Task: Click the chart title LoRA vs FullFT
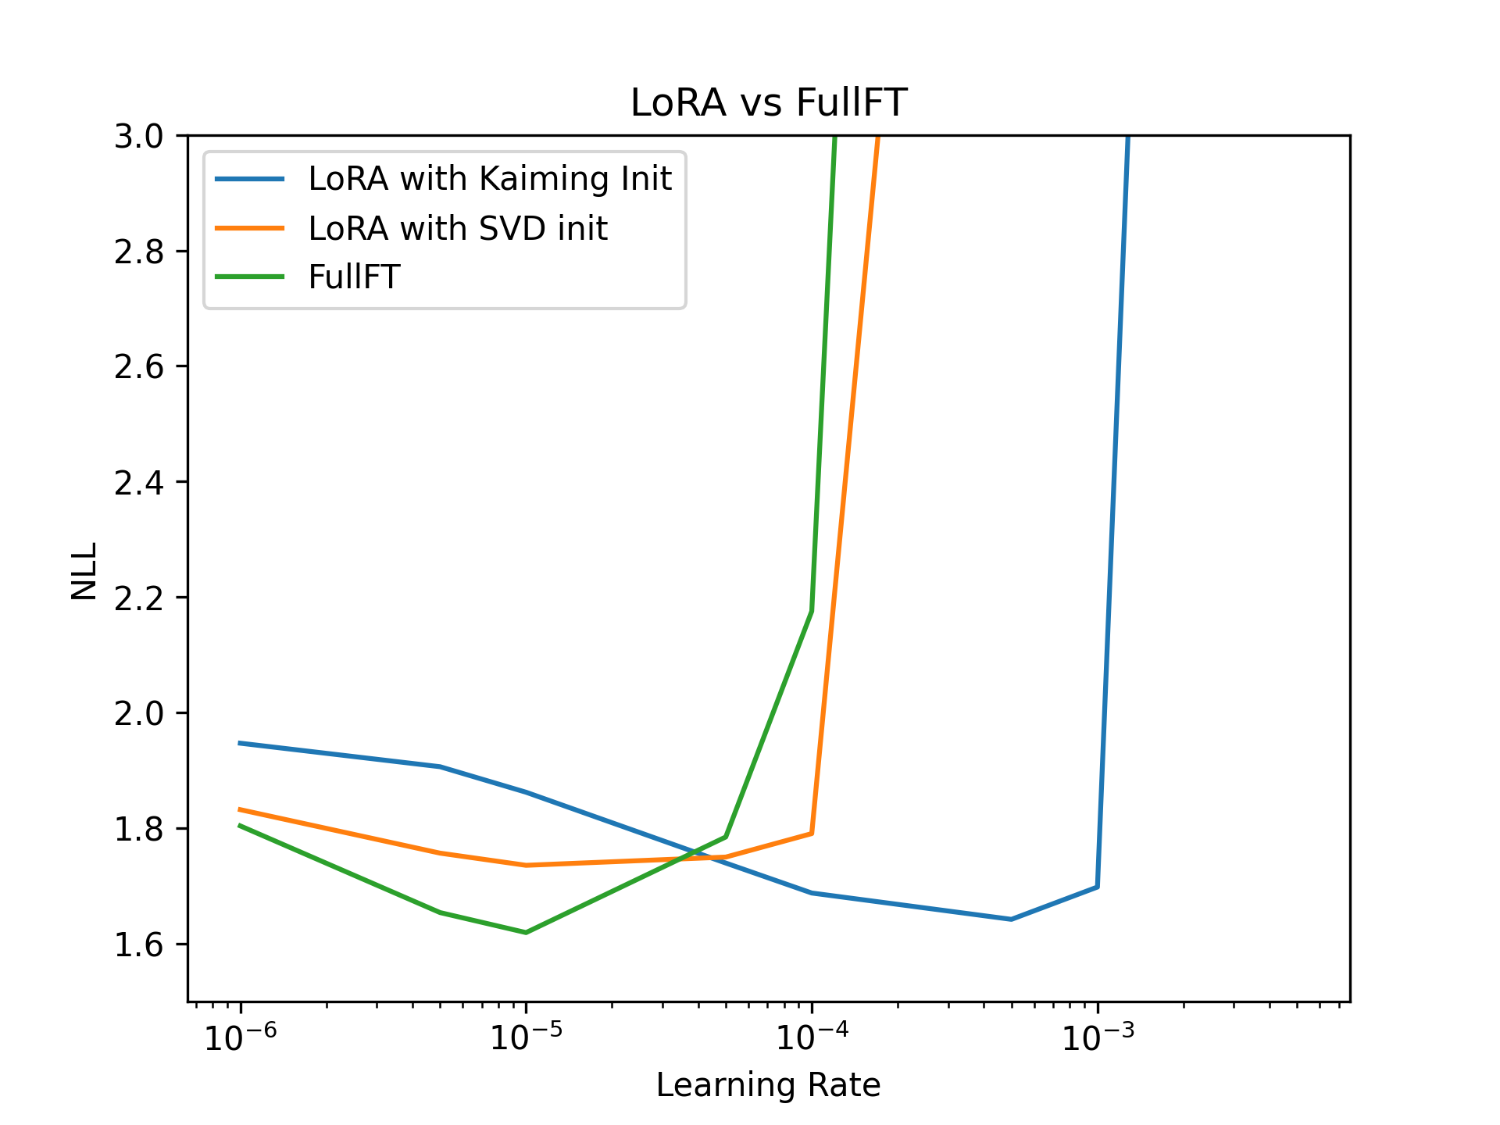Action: (x=768, y=103)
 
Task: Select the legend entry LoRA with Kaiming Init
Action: (x=489, y=179)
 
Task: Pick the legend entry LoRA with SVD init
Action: (x=457, y=228)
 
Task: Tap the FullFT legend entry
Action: (x=354, y=277)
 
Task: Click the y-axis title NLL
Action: (x=84, y=570)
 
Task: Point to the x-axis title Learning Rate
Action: (x=768, y=1085)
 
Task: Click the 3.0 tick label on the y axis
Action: (x=139, y=137)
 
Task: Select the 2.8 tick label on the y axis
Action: (x=139, y=252)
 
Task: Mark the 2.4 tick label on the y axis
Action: (x=139, y=483)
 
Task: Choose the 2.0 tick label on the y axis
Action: (x=139, y=713)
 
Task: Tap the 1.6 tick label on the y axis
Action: (x=139, y=945)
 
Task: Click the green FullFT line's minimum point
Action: (x=526, y=932)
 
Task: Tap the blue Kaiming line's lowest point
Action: (x=1011, y=919)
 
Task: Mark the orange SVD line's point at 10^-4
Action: (x=812, y=833)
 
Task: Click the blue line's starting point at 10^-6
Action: (x=240, y=743)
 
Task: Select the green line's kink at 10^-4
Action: (x=812, y=611)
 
